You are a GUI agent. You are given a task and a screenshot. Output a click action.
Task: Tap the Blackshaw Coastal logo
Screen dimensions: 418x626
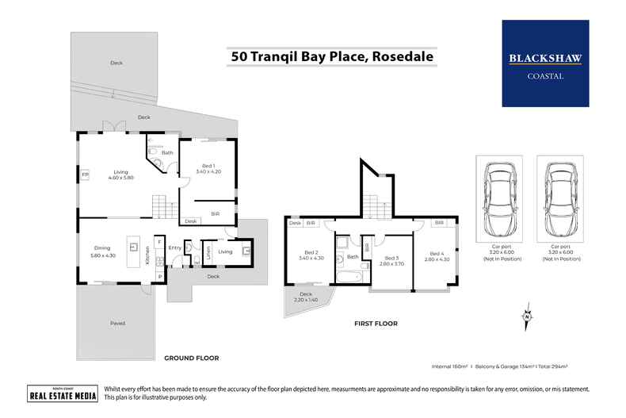click(545, 63)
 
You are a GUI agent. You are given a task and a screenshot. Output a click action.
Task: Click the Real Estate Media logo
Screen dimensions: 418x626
click(52, 393)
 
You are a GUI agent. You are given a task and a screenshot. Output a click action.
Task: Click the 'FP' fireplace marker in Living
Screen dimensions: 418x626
click(84, 174)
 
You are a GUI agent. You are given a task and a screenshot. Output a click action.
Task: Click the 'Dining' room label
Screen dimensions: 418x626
click(103, 250)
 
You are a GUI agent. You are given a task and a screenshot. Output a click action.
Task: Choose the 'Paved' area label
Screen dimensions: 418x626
click(116, 323)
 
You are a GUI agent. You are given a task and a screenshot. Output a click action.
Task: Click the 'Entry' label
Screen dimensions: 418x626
click(175, 248)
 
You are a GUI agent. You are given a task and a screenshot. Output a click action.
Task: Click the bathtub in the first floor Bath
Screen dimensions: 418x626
click(349, 277)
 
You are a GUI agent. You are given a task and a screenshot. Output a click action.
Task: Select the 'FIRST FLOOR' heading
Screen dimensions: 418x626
click(376, 324)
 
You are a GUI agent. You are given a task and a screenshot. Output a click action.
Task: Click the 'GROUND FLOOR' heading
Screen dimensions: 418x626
click(191, 358)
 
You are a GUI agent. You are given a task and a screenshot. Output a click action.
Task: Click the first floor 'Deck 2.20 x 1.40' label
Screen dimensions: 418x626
click(306, 297)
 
